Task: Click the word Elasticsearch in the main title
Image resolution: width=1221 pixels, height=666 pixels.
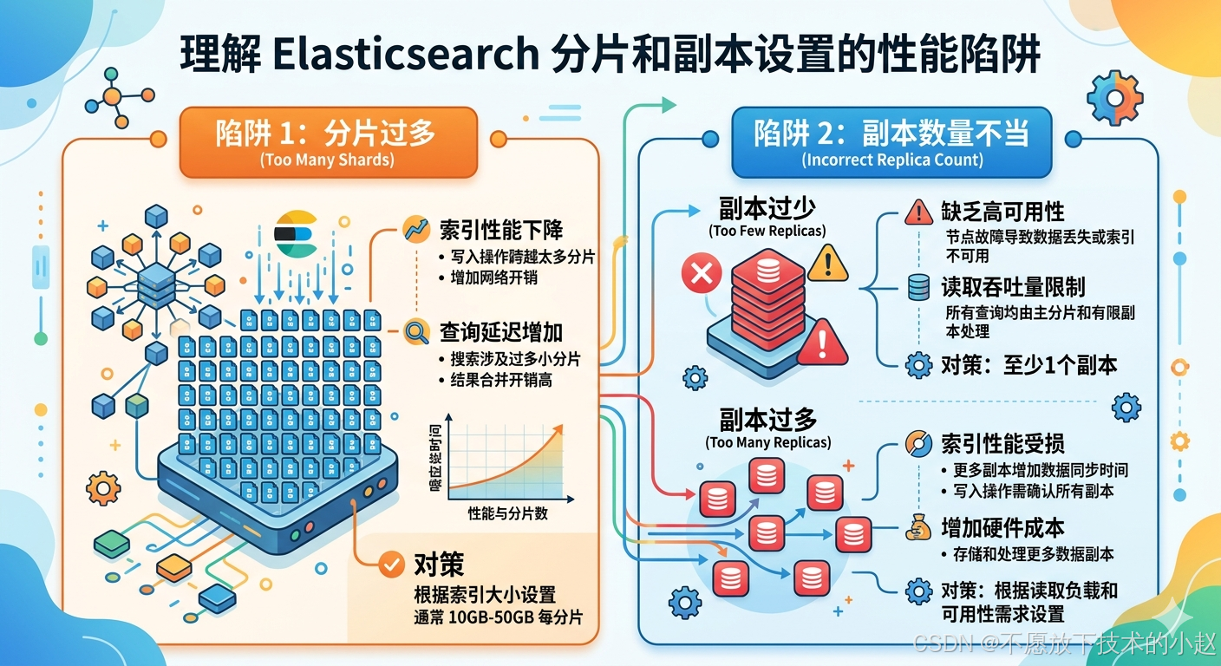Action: click(x=405, y=54)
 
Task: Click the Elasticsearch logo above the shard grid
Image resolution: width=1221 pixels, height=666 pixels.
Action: click(x=296, y=233)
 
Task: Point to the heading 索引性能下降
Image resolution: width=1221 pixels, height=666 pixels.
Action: click(x=500, y=230)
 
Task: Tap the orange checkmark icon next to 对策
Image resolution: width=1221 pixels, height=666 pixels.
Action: click(x=392, y=565)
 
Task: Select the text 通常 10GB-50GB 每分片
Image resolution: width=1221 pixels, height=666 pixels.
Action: click(x=498, y=617)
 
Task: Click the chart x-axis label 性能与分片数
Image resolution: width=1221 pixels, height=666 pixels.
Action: click(x=507, y=513)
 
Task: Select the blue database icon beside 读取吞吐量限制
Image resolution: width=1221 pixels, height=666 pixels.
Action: click(x=918, y=288)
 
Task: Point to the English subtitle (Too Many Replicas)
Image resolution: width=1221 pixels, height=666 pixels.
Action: click(x=768, y=442)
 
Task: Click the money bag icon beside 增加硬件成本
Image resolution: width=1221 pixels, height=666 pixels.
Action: click(x=918, y=528)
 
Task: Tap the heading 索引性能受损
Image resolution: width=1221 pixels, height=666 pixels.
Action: click(x=1002, y=444)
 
